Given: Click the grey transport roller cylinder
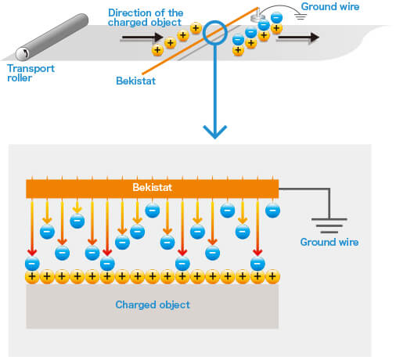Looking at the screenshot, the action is coord(52,37).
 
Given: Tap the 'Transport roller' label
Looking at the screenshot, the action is coord(31,73).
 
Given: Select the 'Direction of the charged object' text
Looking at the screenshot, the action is coord(146,17).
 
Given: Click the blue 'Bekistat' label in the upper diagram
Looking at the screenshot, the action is coord(135,81).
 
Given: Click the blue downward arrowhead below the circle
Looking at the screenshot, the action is coord(214,132).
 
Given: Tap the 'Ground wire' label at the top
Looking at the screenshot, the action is coord(330,6).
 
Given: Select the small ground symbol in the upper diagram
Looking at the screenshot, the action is coord(301,16).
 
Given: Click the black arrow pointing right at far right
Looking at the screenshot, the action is coord(299,38).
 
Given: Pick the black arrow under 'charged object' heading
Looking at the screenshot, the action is coord(142,38).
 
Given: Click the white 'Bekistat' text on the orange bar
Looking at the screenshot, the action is coord(152,187).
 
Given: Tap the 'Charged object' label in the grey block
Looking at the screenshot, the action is coord(153,304).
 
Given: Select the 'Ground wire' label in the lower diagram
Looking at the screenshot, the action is coord(330,242).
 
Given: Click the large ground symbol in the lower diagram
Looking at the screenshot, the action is coord(330,225).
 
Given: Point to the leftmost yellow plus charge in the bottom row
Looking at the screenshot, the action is coord(32,276).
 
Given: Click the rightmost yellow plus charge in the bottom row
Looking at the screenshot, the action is coord(272,276).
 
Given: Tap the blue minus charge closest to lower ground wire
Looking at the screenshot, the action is coord(272,211).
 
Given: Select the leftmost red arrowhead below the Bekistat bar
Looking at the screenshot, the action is coord(32,252).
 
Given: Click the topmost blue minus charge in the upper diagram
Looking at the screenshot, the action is coord(276,18).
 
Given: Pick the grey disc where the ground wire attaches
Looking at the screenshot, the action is coord(258,17).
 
